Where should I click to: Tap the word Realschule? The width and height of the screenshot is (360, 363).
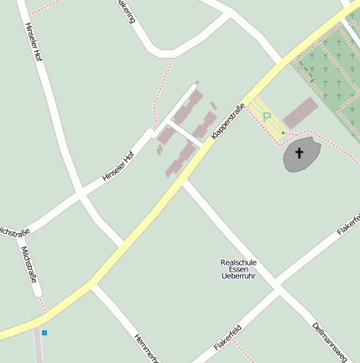(237, 262)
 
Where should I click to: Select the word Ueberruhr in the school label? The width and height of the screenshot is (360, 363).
(237, 276)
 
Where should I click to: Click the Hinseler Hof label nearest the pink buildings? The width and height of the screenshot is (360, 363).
(117, 166)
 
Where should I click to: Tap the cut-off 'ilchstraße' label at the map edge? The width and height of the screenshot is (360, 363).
(14, 231)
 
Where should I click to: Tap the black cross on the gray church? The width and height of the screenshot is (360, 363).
(300, 153)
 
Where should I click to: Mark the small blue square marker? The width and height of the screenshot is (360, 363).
(44, 333)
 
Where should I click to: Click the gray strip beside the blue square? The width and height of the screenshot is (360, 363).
(39, 348)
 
